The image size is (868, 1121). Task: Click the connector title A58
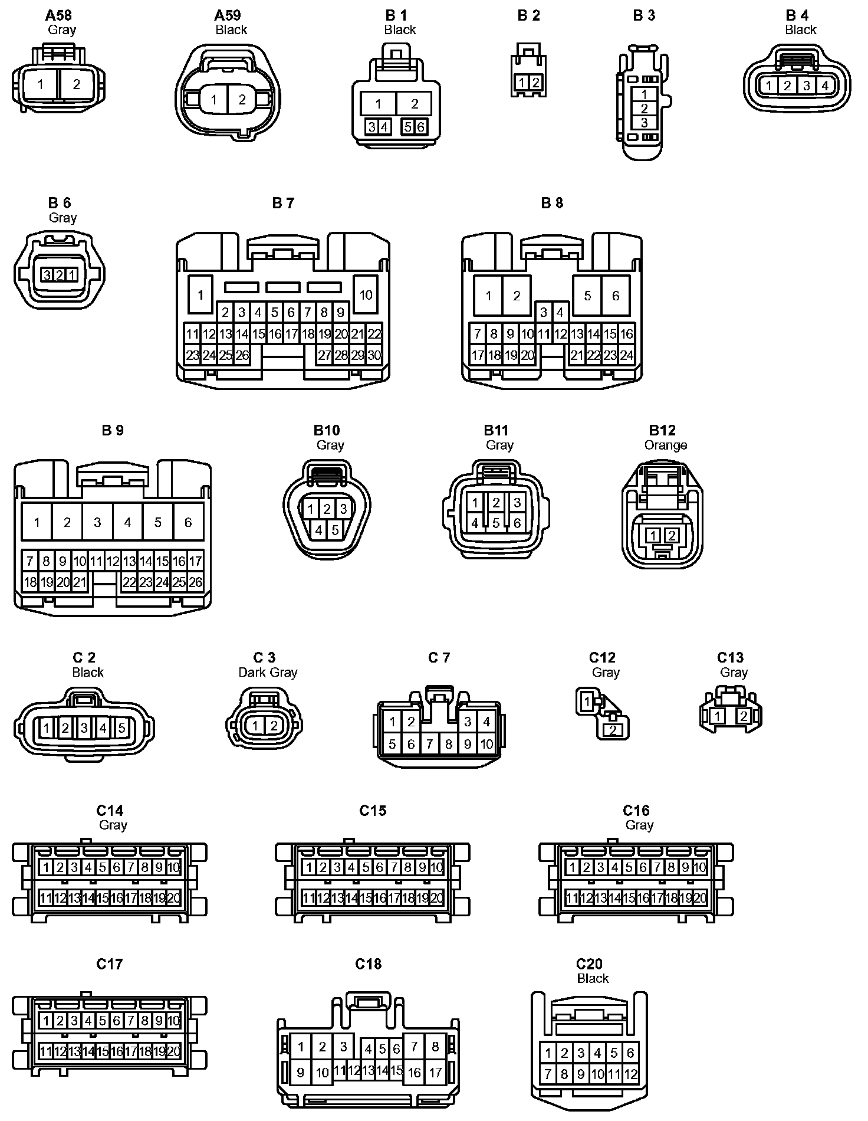point(58,15)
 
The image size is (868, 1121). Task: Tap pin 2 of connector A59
point(242,100)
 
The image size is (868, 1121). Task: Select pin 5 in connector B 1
point(408,127)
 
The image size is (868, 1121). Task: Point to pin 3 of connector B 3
point(644,123)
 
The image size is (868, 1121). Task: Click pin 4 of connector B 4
point(825,86)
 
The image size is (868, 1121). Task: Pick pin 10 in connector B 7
point(366,294)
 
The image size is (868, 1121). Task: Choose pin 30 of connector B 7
point(374,355)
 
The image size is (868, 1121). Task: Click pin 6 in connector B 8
point(616,296)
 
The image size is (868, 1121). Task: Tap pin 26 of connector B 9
point(195,582)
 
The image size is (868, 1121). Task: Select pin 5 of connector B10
point(335,530)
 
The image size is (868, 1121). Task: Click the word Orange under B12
point(666,445)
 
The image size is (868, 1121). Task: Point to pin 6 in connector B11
point(517,523)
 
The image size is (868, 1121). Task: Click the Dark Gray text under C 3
point(268,672)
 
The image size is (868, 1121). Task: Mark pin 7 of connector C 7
point(430,744)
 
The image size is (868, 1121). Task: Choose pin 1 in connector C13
point(717,716)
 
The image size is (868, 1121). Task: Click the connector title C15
point(373,811)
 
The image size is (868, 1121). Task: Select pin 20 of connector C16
point(700,898)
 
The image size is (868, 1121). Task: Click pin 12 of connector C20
point(630,1074)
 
